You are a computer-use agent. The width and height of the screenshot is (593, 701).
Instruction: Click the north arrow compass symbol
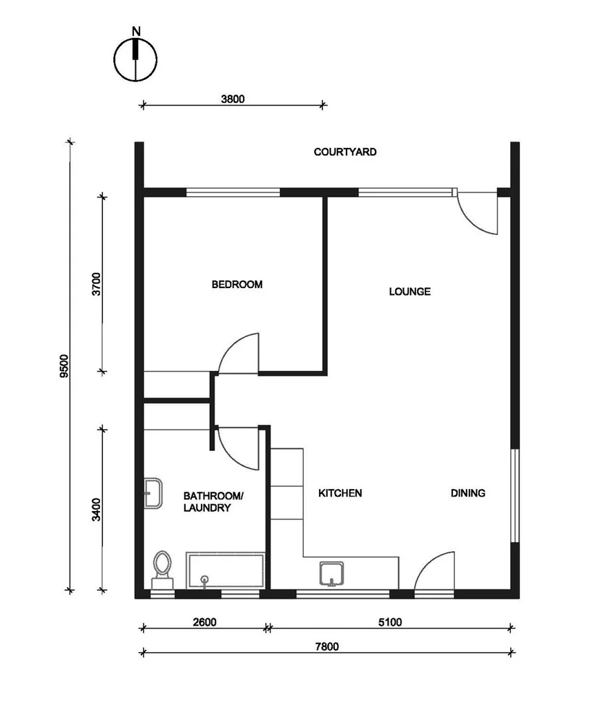tap(136, 58)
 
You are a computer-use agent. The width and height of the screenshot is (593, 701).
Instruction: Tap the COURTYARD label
tap(345, 152)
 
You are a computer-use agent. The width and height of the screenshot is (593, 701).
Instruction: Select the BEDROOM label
tap(237, 285)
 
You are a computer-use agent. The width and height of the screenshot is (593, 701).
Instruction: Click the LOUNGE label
tap(409, 291)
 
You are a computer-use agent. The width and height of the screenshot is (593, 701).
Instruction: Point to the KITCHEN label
tap(340, 493)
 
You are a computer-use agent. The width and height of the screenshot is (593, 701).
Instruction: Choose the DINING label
tap(468, 493)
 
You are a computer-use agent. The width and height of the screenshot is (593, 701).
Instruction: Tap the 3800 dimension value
tap(233, 99)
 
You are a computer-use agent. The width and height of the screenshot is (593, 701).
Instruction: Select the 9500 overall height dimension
tap(64, 366)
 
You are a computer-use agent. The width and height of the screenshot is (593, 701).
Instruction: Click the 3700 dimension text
tap(97, 285)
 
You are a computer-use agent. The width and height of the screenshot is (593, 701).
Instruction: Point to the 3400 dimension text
tap(97, 509)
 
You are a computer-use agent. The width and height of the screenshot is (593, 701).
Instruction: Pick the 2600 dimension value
tap(204, 622)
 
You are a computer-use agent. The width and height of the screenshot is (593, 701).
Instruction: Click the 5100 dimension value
tap(390, 622)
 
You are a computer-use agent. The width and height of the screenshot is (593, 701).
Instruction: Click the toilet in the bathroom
tap(163, 568)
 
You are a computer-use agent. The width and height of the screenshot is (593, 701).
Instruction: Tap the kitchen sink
tap(332, 573)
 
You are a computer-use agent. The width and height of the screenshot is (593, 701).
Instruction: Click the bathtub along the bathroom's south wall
tap(225, 570)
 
